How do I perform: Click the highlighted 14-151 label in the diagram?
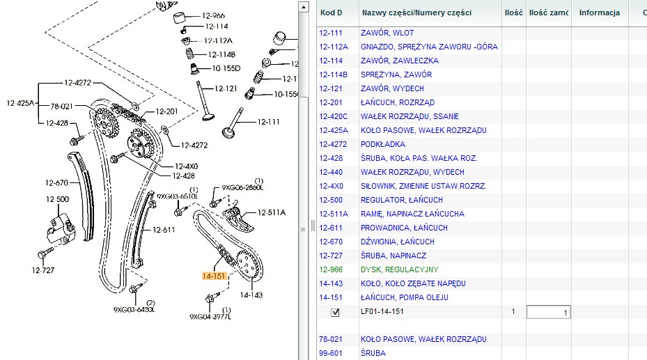point(214,276)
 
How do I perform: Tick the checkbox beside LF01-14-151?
point(336,312)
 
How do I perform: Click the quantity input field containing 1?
point(548,312)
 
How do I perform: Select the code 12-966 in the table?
point(330,269)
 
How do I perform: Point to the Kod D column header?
point(331,13)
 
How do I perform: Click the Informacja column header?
point(599,13)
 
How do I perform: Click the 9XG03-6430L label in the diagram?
point(134,310)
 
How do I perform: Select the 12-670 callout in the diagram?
point(57,183)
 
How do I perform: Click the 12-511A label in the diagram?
point(272,212)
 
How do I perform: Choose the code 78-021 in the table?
point(330,339)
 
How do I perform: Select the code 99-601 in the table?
point(330,353)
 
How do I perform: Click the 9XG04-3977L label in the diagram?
point(210,316)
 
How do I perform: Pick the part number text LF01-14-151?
point(382,311)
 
